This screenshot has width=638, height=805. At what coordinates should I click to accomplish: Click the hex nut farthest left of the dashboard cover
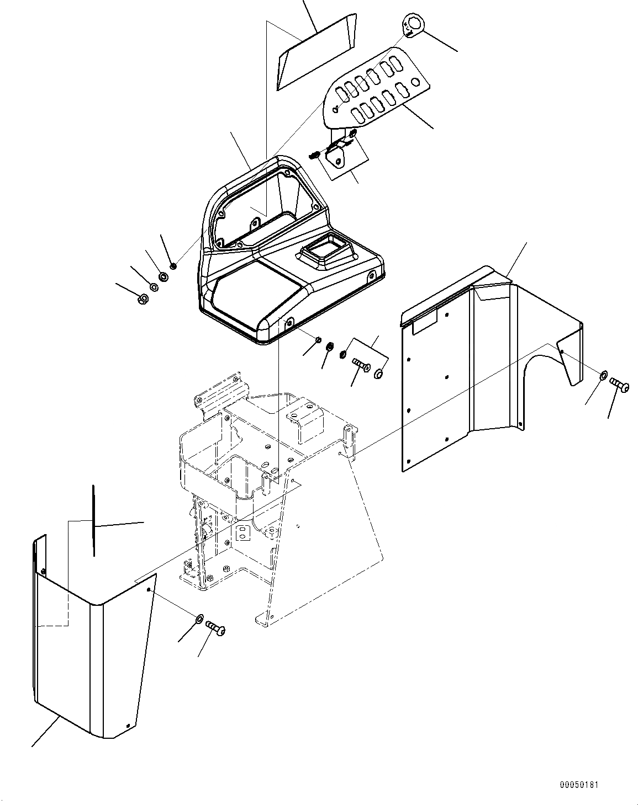[141, 299]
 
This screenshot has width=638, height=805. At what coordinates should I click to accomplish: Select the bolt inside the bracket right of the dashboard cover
[359, 365]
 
